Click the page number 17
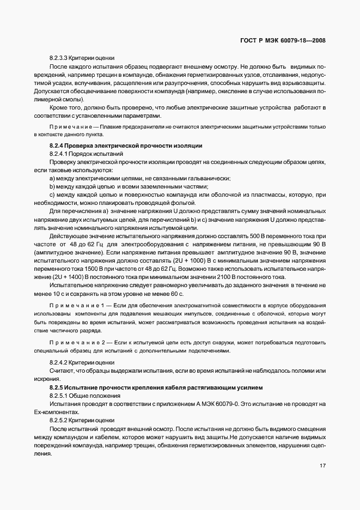point(322,466)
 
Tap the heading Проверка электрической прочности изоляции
point(137,146)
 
